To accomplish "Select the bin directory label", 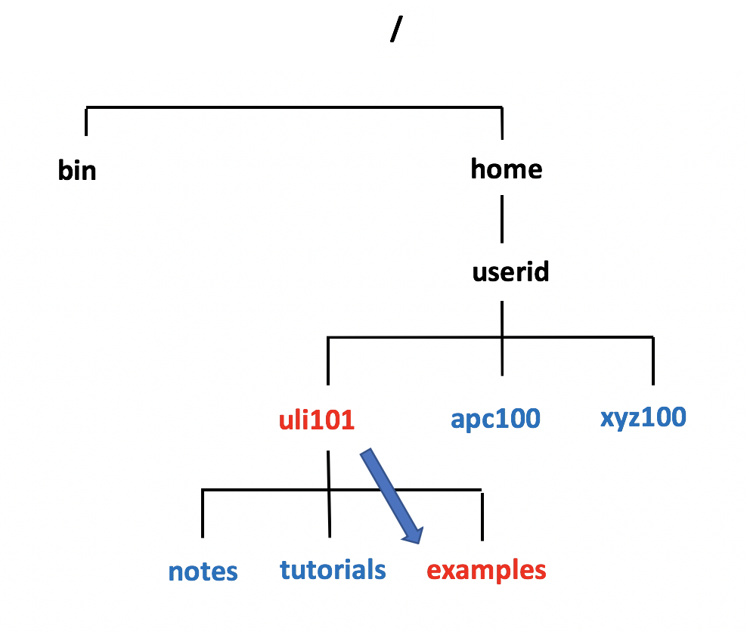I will tap(77, 171).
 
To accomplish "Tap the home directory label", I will tap(506, 169).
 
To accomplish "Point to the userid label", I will tap(510, 271).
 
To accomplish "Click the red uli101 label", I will tap(317, 420).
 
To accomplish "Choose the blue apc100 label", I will tap(495, 418).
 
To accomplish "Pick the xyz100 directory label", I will tap(643, 417).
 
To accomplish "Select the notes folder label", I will tap(203, 572).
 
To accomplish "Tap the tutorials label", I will tap(333, 569).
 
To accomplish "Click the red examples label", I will tap(485, 570).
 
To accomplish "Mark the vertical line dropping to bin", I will tap(86, 122).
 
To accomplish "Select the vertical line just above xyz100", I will tap(652, 361).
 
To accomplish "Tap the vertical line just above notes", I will tap(203, 514).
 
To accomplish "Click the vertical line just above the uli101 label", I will tap(328, 361).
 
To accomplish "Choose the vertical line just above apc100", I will tap(501, 355).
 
